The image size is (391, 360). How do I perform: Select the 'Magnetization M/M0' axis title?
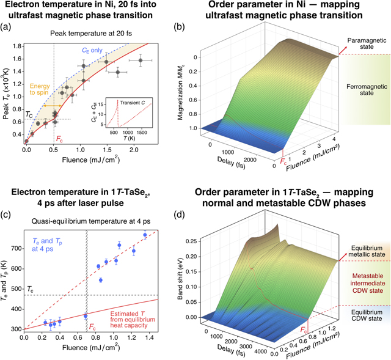tap(216, 90)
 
